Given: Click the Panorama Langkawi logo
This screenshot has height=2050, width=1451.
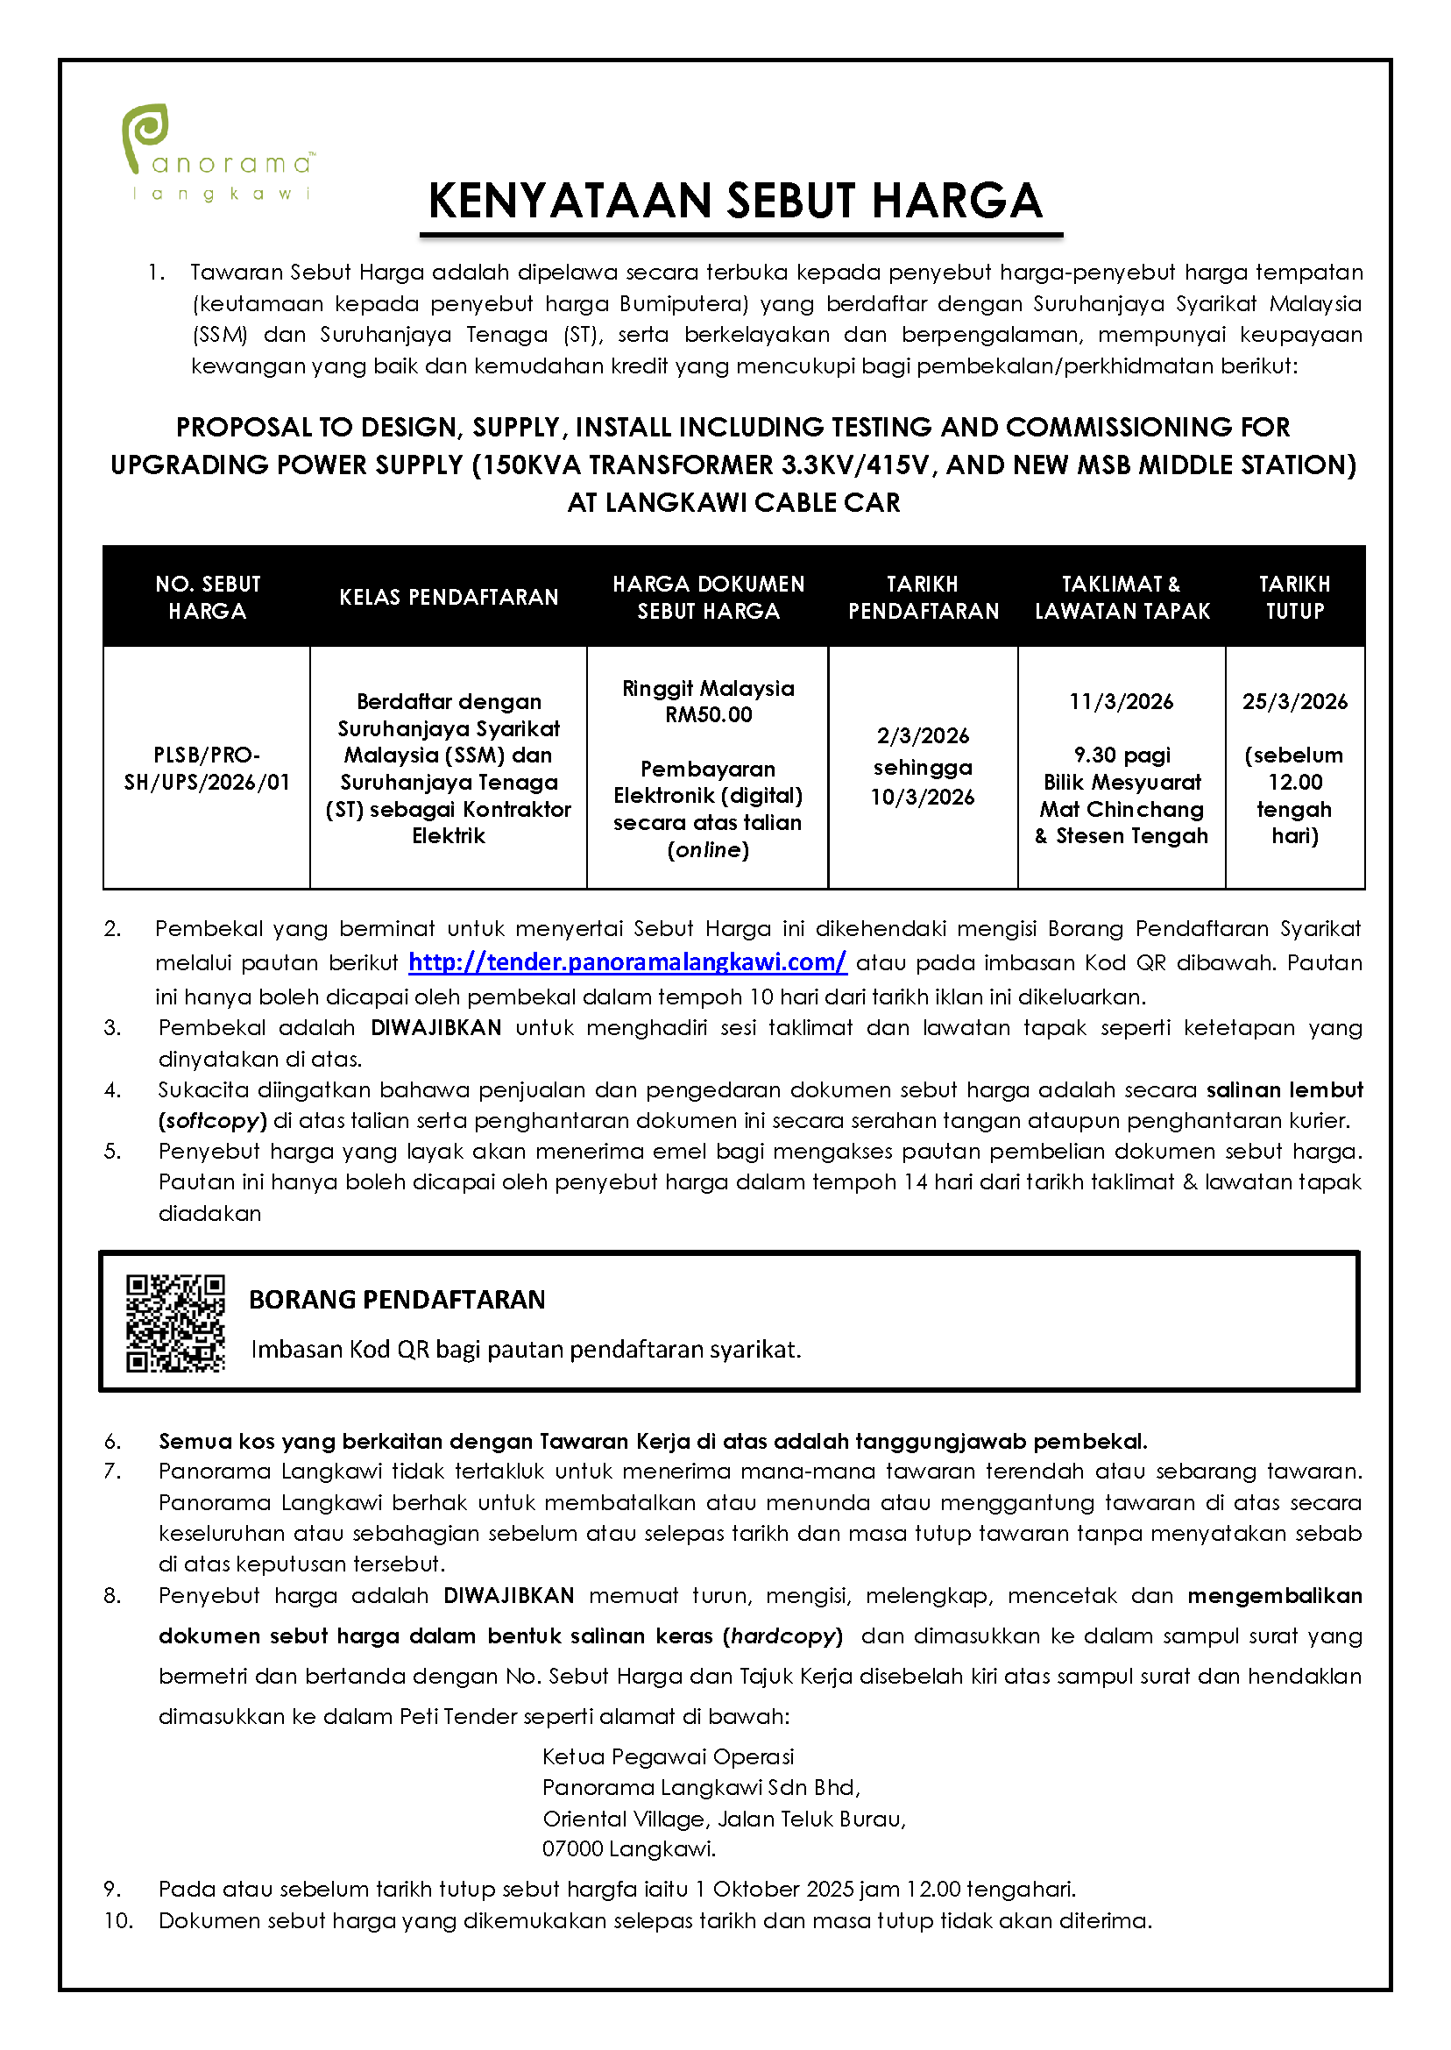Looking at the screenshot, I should coord(218,152).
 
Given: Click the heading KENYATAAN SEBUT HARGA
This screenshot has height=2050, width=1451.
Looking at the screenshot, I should coord(735,200).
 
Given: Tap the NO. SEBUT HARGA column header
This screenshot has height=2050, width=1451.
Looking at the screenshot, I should coord(208,597).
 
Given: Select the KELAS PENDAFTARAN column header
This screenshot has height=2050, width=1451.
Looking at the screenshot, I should coord(449,597).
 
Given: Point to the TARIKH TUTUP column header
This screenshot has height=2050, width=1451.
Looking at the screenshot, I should coord(1294,597).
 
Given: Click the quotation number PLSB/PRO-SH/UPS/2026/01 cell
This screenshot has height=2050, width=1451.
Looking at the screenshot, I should coord(208,769).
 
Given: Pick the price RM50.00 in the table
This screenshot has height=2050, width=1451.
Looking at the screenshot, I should coord(709,715).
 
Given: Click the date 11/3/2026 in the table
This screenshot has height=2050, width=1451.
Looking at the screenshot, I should coord(1122,701).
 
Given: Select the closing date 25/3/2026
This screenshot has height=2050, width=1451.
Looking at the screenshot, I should coord(1295,701).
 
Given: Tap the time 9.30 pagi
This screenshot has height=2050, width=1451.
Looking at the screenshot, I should coord(1122,755).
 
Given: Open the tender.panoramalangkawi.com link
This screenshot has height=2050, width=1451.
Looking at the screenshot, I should coord(627,962).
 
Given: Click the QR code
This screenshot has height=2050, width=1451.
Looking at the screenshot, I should coord(175,1323).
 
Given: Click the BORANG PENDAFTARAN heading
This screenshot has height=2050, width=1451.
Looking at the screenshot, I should coord(397,1300).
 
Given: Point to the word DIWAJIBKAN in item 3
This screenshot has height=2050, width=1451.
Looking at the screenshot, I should coord(436,1028).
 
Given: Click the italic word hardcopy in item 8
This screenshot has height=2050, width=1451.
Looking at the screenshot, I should coord(782,1636).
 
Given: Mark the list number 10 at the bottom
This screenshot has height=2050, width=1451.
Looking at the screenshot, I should coord(118,1920).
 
